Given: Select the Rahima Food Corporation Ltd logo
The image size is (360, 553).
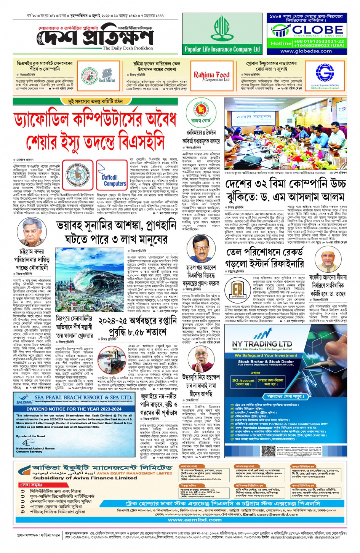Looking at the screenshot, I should pyautogui.click(x=211, y=76).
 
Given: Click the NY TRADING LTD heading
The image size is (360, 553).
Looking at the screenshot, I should pyautogui.click(x=262, y=343).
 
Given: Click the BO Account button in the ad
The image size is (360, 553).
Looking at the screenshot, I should pyautogui.click(x=243, y=381).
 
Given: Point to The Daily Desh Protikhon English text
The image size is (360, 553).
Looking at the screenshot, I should pyautogui.click(x=128, y=48).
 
